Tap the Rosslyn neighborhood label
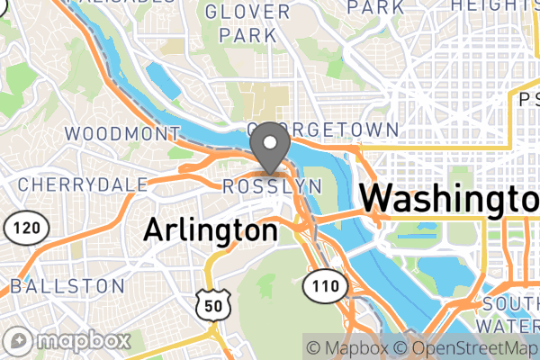click(x=272, y=185)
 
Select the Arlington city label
click(x=211, y=229)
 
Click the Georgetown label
click(x=322, y=130)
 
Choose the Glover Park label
click(x=247, y=24)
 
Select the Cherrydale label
click(x=84, y=184)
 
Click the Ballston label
click(x=67, y=286)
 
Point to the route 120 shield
click(x=25, y=229)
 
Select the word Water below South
click(x=511, y=324)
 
